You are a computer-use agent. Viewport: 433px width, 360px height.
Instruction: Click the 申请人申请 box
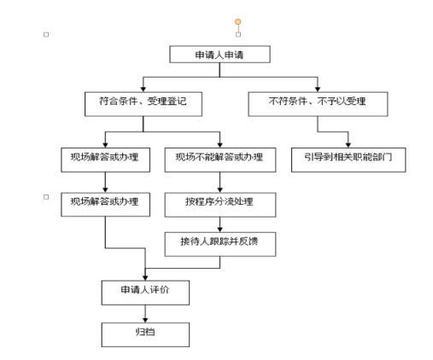tap(219, 54)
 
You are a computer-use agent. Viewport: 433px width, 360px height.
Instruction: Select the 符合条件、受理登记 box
tap(143, 104)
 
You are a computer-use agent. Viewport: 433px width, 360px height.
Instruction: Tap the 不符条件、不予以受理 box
tap(318, 104)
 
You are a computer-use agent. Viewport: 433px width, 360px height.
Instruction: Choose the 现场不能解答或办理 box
tap(220, 160)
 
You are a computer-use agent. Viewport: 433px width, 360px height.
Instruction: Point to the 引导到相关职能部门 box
tap(348, 160)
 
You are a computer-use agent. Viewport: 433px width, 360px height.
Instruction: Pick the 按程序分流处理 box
tap(220, 205)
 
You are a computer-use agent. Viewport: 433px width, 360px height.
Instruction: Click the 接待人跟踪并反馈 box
tap(220, 244)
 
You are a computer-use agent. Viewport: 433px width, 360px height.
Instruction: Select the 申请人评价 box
tap(145, 293)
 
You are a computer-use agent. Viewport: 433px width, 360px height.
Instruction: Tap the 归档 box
tap(145, 334)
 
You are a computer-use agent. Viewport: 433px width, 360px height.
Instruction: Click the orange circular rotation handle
tap(238, 21)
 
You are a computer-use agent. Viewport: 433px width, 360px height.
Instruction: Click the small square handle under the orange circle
tap(238, 34)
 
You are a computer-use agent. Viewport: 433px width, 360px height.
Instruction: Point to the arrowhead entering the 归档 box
tap(145, 320)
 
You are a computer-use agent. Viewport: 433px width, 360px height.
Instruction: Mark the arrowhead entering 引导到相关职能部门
tap(348, 145)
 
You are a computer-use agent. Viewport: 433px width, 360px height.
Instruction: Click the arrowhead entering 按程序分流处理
tap(219, 190)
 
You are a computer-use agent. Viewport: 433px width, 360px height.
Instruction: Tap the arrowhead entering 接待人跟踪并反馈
tap(219, 229)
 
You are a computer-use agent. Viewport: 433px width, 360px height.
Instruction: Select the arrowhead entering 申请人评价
tap(145, 278)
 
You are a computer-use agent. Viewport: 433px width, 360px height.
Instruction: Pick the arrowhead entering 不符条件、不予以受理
tap(318, 90)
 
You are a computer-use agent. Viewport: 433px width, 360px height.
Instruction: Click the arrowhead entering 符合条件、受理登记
tap(143, 90)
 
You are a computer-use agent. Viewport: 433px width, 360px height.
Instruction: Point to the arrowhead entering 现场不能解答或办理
tap(219, 145)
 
